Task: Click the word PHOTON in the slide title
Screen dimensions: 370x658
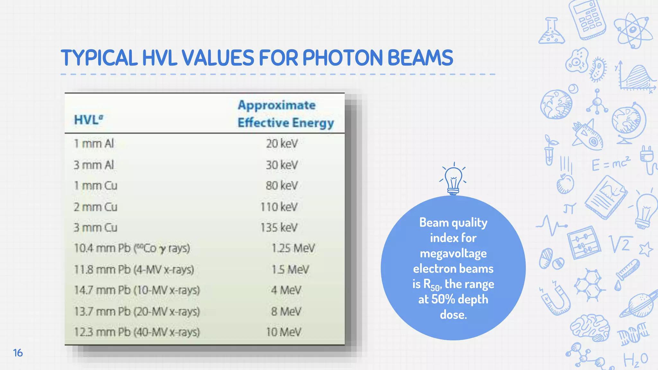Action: (342, 58)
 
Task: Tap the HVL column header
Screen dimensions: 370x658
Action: (88, 120)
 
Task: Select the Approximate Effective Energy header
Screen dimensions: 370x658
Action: (285, 114)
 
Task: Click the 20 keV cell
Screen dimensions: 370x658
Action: (282, 144)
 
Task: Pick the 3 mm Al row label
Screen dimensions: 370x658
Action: (93, 165)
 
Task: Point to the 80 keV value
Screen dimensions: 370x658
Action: (281, 186)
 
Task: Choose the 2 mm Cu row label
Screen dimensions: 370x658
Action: (95, 207)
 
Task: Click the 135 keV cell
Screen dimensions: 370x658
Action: (279, 227)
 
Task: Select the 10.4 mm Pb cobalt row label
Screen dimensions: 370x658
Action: (132, 248)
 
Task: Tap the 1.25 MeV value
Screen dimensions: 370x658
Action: (293, 248)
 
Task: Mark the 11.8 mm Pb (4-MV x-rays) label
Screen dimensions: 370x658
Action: (134, 269)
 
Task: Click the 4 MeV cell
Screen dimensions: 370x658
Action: (286, 290)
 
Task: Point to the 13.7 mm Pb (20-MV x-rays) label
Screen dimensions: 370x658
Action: (137, 311)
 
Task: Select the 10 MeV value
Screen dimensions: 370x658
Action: (283, 332)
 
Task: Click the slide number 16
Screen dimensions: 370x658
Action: (18, 353)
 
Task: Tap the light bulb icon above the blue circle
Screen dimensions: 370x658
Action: (453, 180)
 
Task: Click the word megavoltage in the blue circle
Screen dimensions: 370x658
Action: (453, 253)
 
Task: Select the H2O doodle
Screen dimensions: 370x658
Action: (636, 360)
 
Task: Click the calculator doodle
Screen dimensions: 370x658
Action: (587, 19)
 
